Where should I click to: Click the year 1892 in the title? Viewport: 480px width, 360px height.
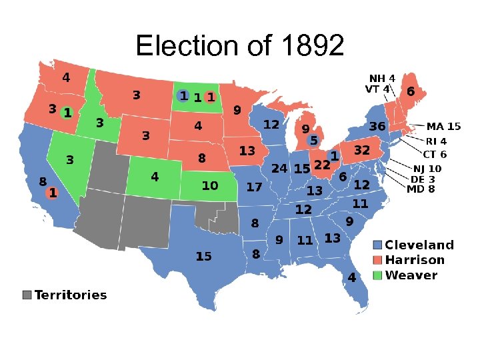[x=313, y=45]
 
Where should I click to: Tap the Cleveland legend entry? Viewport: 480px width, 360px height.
[x=419, y=245]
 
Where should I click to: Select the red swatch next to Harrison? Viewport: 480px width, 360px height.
[x=378, y=261]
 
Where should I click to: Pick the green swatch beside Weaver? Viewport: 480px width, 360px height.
[x=378, y=275]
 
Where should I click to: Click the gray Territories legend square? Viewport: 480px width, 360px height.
[x=27, y=295]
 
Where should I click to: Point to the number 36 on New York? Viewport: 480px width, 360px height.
[x=377, y=126]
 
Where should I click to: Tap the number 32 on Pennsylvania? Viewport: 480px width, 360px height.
[x=361, y=151]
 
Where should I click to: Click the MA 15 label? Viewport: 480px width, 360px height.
[x=443, y=126]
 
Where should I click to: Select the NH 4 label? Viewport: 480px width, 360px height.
[x=382, y=78]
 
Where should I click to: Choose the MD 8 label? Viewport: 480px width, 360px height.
[x=421, y=189]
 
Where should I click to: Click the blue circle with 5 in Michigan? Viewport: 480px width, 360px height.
[x=313, y=141]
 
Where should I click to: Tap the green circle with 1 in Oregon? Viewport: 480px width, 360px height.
[x=67, y=111]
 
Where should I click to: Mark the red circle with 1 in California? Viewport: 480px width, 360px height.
[x=52, y=193]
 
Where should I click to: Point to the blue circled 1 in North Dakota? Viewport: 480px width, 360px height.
[x=183, y=97]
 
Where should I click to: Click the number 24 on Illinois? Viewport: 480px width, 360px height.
[x=279, y=169]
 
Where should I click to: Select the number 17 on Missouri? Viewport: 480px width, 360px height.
[x=254, y=187]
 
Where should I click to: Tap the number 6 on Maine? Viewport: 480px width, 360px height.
[x=411, y=91]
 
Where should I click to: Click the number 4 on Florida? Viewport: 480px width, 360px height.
[x=351, y=276]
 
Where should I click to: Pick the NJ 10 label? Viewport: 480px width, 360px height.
[x=427, y=169]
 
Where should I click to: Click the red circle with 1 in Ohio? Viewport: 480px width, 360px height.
[x=334, y=155]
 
